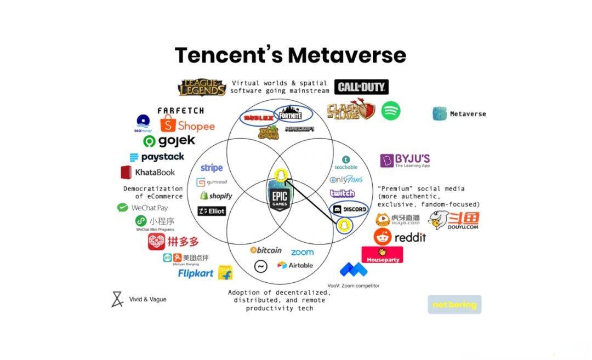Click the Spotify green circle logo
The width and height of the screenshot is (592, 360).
[391, 111]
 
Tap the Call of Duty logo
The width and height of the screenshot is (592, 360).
[361, 87]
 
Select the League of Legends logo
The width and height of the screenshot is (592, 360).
[202, 88]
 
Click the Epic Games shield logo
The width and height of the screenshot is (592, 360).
[279, 197]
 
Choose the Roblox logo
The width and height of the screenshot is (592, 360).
[258, 117]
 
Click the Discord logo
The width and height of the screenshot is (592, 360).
[350, 209]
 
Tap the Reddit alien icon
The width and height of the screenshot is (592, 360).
[382, 237]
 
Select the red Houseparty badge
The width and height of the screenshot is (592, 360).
[382, 254]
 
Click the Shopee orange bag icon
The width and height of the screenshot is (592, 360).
[168, 125]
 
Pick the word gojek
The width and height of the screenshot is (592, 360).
[177, 141]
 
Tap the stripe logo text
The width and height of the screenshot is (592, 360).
[212, 168]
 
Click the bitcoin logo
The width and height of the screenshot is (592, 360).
[266, 250]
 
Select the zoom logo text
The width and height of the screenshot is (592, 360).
[302, 252]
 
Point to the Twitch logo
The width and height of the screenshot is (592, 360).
[342, 193]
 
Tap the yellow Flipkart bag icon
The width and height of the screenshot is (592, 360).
[225, 272]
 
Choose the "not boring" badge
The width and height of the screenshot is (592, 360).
[454, 305]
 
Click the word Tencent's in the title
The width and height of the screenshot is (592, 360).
[229, 55]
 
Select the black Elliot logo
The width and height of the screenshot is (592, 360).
[212, 211]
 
